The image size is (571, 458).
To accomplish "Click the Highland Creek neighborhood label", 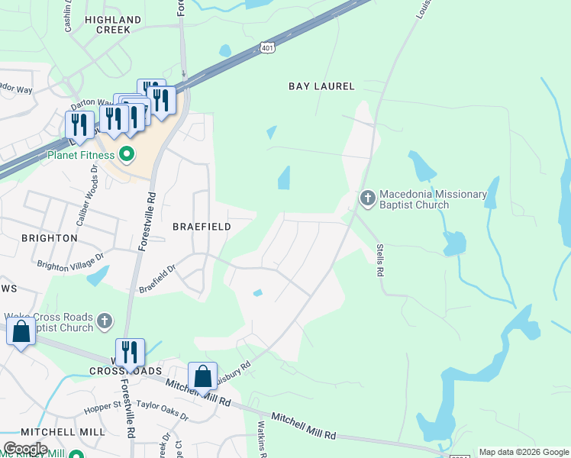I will click(113, 24).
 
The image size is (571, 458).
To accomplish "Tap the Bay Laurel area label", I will click(321, 86).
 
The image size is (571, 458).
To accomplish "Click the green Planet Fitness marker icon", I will click(127, 156).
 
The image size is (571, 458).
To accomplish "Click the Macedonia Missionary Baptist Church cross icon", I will click(367, 199).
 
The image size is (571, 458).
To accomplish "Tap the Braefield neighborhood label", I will click(201, 227).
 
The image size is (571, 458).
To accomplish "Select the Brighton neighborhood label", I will click(49, 238).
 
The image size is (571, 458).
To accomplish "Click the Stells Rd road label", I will click(379, 260).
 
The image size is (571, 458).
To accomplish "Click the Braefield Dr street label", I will click(158, 279).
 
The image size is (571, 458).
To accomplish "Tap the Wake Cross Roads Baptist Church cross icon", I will click(105, 322).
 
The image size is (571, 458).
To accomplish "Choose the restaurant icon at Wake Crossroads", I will click(131, 352).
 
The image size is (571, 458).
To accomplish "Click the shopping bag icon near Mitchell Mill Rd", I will click(202, 376).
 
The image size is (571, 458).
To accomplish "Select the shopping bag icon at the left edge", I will click(21, 332).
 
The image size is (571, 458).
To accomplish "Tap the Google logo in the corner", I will click(25, 449).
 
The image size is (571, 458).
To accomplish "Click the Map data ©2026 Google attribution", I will click(524, 452).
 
